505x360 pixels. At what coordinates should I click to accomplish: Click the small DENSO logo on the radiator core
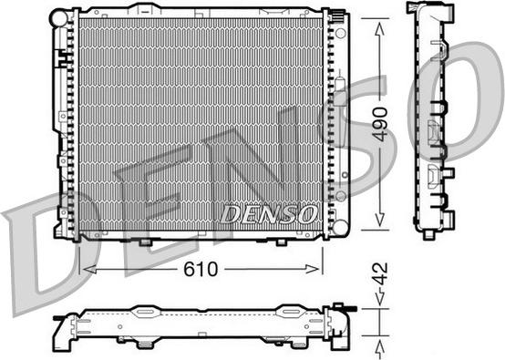tap(268, 212)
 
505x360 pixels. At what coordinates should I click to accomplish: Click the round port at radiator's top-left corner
tap(59, 16)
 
